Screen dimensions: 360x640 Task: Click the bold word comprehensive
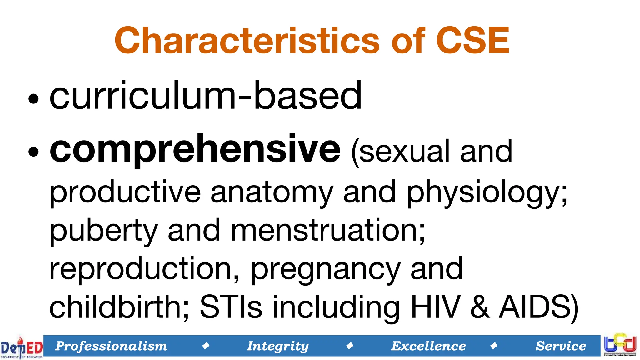(195, 149)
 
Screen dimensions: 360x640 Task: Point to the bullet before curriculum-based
(33, 99)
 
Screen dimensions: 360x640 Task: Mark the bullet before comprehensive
(33, 152)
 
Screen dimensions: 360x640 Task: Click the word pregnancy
(325, 269)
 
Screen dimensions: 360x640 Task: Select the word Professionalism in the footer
(111, 346)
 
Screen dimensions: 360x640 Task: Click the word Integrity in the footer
(278, 346)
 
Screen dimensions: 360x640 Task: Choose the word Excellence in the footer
(428, 346)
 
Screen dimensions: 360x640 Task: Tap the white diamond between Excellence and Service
(494, 346)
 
